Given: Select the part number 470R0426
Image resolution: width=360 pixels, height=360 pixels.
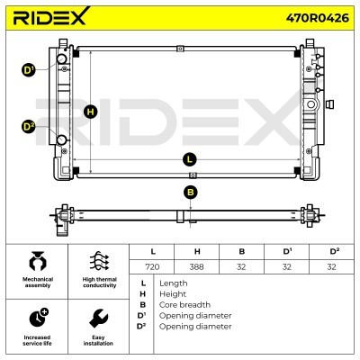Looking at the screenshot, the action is pyautogui.click(x=318, y=18).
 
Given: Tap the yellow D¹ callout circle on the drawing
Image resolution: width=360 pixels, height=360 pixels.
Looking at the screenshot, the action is pyautogui.click(x=29, y=70).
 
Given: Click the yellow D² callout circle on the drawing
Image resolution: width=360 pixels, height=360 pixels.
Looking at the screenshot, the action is pyautogui.click(x=29, y=127).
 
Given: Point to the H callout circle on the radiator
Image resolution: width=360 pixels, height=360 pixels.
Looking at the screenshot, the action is pyautogui.click(x=90, y=112).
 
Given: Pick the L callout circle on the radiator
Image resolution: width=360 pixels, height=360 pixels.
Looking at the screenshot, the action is pyautogui.click(x=189, y=159).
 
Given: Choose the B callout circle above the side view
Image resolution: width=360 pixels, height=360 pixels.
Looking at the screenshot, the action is pyautogui.click(x=191, y=193).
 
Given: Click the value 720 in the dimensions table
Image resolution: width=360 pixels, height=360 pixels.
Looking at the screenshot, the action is pyautogui.click(x=152, y=266).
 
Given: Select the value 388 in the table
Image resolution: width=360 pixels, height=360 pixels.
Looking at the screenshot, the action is pyautogui.click(x=196, y=266).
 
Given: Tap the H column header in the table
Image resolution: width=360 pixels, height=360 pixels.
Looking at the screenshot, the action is pyautogui.click(x=197, y=251).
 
